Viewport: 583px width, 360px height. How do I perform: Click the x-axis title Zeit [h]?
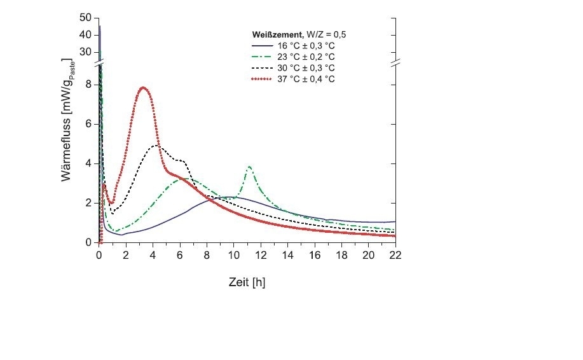[x=247, y=282]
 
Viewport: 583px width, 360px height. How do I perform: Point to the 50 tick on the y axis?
[x=86, y=17]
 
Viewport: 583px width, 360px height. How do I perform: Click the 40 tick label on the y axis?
[x=86, y=35]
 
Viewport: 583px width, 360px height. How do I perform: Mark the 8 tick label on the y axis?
[x=90, y=85]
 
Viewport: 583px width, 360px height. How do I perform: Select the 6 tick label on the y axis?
[x=90, y=124]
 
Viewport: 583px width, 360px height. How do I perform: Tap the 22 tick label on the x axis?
[x=395, y=255]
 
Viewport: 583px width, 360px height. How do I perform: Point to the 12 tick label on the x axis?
[x=261, y=255]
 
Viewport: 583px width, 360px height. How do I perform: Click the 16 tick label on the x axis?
[x=314, y=255]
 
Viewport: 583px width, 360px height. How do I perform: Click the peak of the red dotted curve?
[x=143, y=87]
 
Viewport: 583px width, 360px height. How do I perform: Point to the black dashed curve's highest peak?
[x=156, y=146]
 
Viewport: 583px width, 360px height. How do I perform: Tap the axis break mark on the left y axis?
[x=99, y=64]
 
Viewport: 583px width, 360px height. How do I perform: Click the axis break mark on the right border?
[x=395, y=64]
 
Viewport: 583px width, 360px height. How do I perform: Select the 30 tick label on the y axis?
[x=86, y=52]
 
